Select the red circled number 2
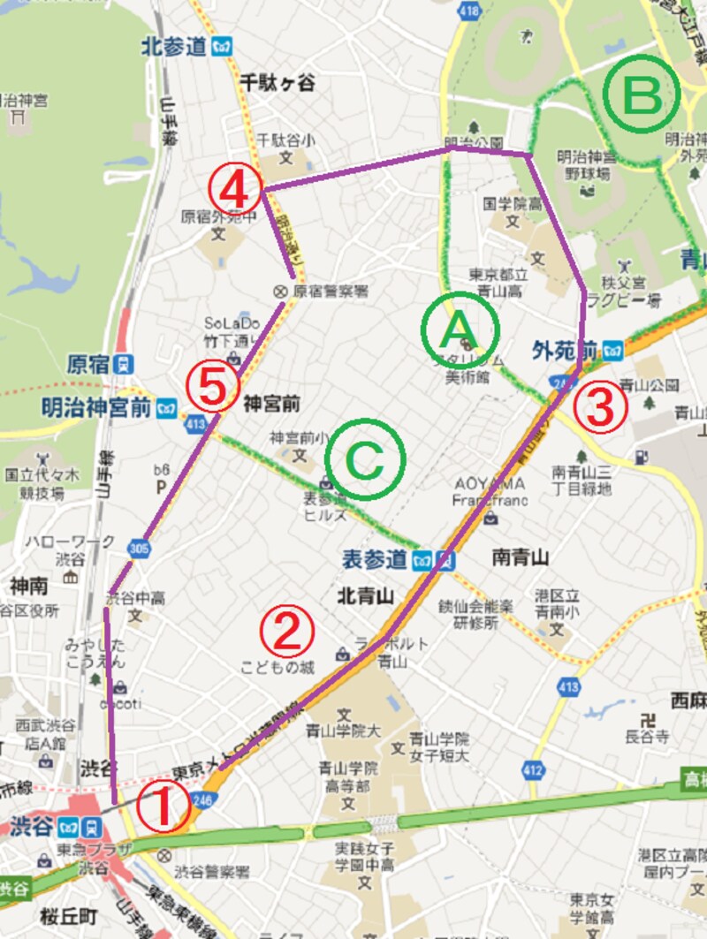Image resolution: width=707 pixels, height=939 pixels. click(286, 630)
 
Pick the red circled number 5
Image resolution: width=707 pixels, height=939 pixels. click(213, 385)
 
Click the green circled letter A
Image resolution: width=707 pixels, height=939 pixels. click(460, 330)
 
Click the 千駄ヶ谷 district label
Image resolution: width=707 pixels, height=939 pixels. click(278, 82)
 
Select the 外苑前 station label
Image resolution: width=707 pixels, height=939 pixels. click(566, 349)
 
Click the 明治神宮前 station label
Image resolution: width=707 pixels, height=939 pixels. click(97, 408)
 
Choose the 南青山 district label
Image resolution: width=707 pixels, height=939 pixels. click(521, 557)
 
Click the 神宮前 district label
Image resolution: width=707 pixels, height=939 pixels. click(273, 404)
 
